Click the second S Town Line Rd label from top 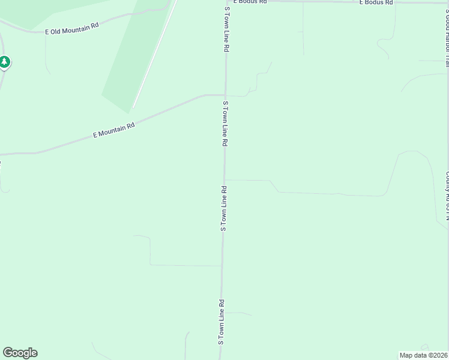tap(226, 124)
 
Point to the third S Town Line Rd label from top tap(223, 208)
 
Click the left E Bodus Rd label tap(250, 2)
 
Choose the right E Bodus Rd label tap(376, 2)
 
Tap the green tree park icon tap(5, 62)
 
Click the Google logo tap(20, 353)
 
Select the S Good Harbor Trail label tap(447, 30)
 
